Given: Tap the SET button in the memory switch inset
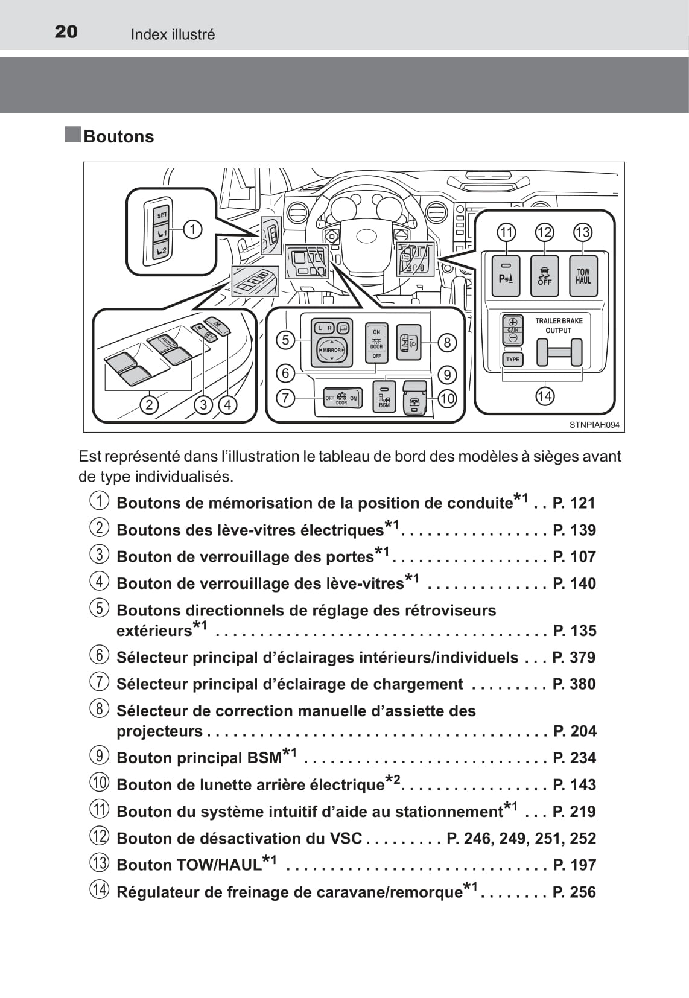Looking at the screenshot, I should point(162,214).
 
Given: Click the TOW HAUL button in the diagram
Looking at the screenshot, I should point(583,276).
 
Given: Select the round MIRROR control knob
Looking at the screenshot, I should point(332,350).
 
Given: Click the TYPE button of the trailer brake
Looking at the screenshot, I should point(512,359).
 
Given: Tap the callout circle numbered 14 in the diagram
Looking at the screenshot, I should point(544,396).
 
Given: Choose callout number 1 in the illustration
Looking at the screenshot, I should point(192,229).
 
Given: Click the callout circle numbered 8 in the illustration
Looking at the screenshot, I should point(447,343).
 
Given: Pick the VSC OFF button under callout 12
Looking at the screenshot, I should point(544,276).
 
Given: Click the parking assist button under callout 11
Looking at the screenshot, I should point(506,276).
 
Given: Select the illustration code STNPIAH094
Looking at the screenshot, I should point(594,425).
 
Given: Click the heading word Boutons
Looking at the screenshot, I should point(118,136).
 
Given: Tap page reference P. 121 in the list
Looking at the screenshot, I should point(574,503).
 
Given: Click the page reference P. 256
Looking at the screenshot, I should point(574,892).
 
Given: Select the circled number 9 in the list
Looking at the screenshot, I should point(100,756).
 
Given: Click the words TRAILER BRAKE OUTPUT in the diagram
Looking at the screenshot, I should point(559,325).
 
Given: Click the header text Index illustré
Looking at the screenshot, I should point(173,34).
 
